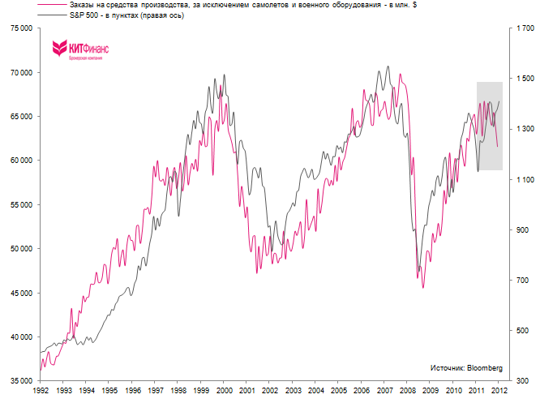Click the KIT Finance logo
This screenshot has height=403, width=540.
(80, 50)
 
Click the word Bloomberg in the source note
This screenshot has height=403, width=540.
(483, 368)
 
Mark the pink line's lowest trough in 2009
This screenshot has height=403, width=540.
(423, 287)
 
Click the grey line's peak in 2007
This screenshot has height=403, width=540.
(388, 67)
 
